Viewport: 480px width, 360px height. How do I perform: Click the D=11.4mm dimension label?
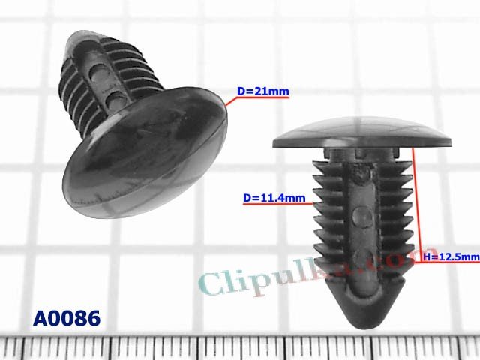274,199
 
